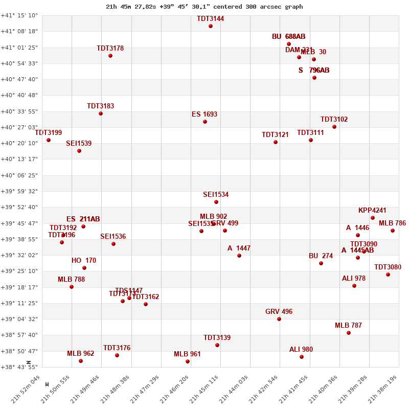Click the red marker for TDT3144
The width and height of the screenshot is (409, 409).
[211, 26]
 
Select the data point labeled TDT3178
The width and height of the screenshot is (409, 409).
[110, 56]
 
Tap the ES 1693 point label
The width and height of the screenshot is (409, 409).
[204, 115]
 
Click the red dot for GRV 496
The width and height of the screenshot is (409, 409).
[279, 319]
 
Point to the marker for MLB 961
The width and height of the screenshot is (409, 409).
[188, 361]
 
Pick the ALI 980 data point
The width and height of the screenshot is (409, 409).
[302, 357]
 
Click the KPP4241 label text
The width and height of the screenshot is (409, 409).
[372, 211]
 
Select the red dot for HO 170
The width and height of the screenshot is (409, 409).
[84, 268]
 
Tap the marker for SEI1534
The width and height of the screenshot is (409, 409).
[216, 202]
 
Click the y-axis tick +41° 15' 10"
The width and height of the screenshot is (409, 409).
[19, 15]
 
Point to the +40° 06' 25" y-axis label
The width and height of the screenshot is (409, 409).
[19, 175]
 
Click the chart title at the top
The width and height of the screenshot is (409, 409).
[204, 7]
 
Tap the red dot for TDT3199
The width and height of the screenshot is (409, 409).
[49, 140]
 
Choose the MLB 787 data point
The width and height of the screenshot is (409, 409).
[349, 333]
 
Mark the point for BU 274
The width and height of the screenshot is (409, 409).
[321, 263]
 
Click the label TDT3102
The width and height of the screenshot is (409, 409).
[334, 120]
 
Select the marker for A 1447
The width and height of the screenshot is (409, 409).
[239, 256]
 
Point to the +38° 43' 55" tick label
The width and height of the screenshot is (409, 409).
[19, 367]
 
